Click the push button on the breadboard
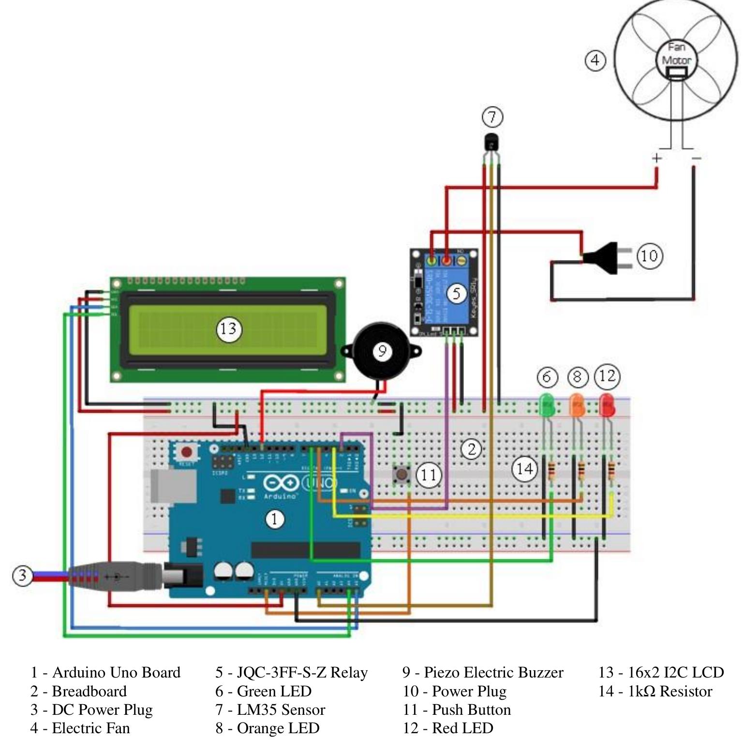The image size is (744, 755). tap(402, 474)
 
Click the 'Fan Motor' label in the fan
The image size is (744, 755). tap(676, 54)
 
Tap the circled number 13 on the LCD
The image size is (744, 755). tap(228, 329)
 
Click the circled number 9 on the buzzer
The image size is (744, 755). tap(382, 351)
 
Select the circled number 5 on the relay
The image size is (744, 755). tap(456, 293)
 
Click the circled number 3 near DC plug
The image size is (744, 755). tap(22, 575)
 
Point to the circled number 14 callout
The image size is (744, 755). tap(524, 468)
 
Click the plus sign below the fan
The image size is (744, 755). tap(656, 158)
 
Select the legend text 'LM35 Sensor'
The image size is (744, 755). tap(281, 709)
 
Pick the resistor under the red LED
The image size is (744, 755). tap(612, 469)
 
